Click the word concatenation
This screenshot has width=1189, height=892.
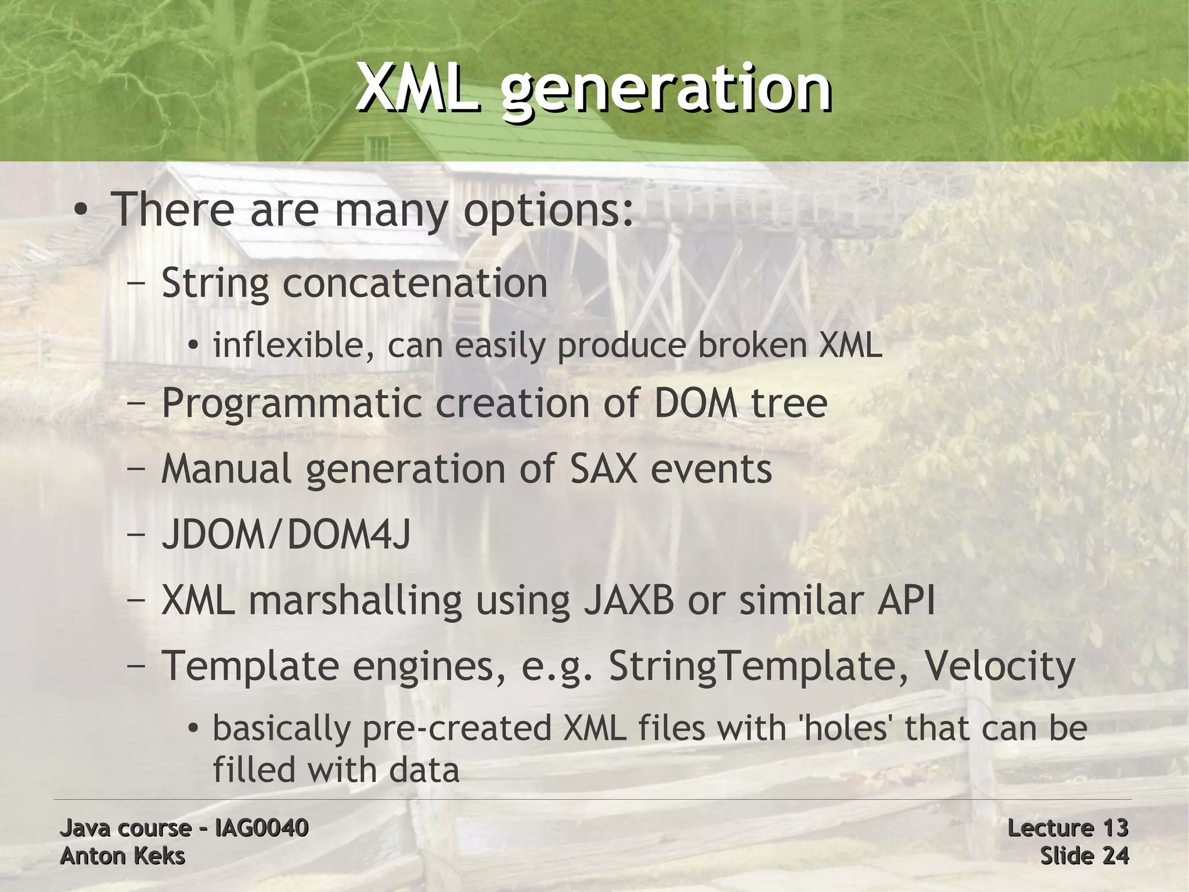coord(415,283)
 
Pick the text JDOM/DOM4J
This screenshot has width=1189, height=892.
coord(286,534)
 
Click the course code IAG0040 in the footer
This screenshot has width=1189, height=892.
coord(261,827)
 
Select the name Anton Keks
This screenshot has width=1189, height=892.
coord(122,856)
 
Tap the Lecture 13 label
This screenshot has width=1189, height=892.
coord(1067,827)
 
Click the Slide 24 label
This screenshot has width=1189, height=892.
coord(1083,856)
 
